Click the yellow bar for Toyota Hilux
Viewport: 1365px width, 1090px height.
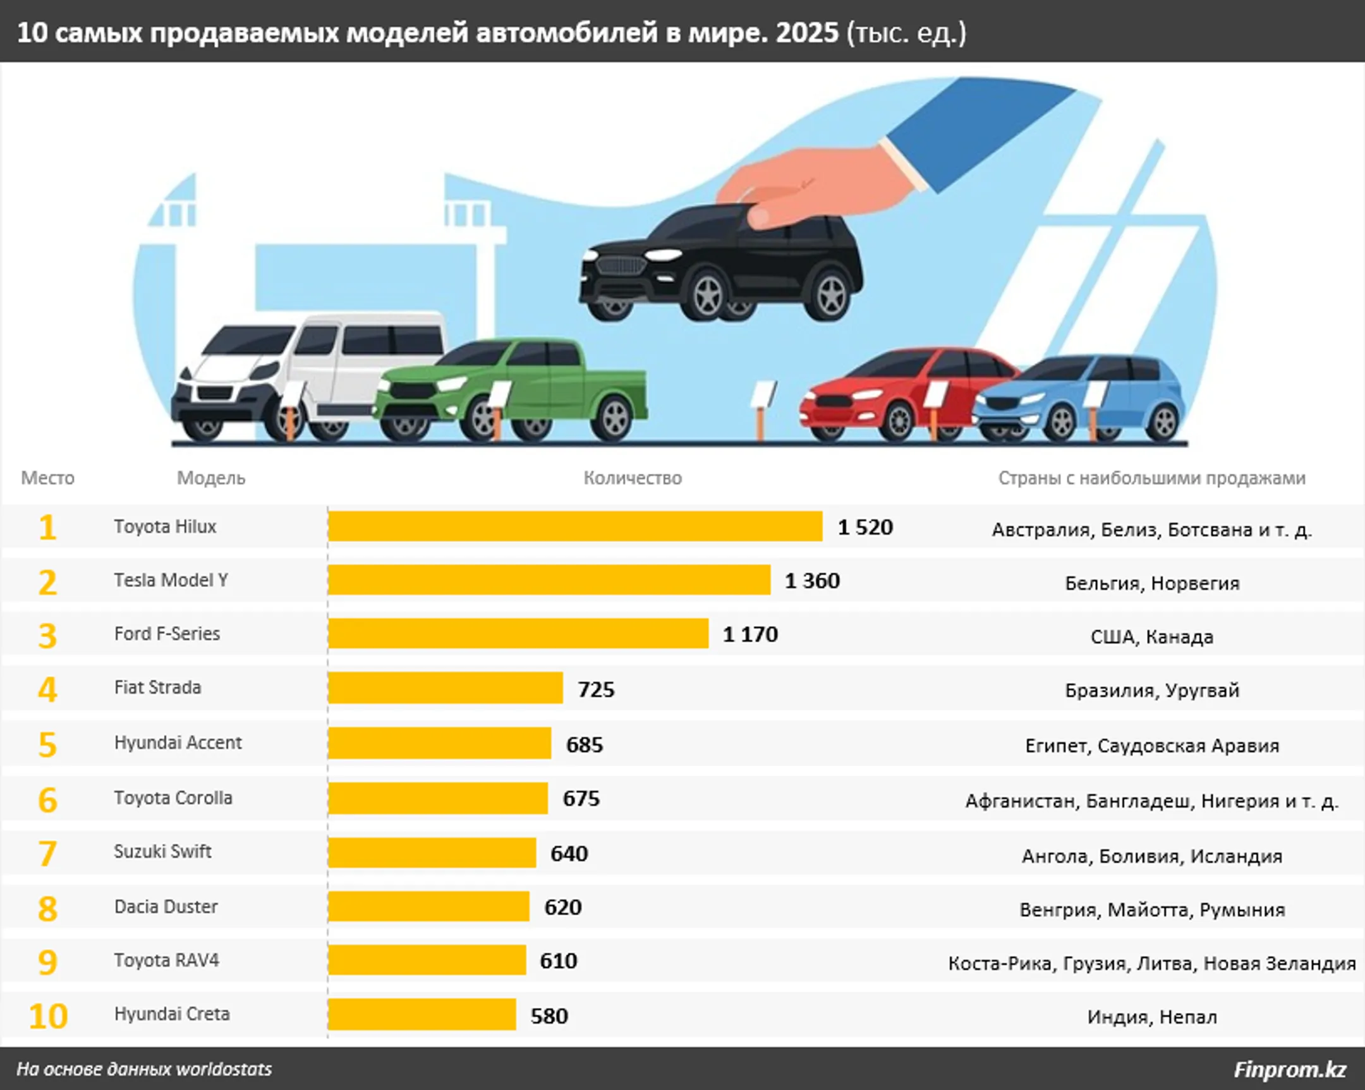[x=575, y=526]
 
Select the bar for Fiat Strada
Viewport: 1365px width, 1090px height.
[x=445, y=688]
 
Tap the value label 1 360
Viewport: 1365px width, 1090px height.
[x=811, y=581]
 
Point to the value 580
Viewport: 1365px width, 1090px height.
[x=549, y=1016]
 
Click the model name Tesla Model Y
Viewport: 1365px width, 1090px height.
[x=171, y=580]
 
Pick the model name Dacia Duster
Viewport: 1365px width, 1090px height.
[x=166, y=906]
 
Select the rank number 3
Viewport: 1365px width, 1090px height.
[x=47, y=636]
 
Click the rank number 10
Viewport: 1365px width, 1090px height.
[x=48, y=1016]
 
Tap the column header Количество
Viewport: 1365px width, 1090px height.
[x=633, y=478]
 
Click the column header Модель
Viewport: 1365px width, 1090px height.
[x=211, y=478]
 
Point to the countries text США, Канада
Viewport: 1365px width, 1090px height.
[x=1151, y=637]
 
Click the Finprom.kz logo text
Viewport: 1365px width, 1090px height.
[x=1290, y=1069]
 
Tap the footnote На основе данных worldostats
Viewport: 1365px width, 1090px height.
[x=143, y=1069]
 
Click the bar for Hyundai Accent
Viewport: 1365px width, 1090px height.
[x=439, y=743]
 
